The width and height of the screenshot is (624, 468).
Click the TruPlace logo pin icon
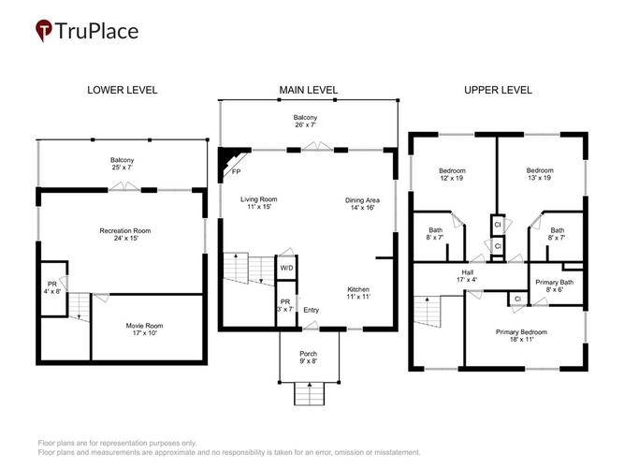[43, 30]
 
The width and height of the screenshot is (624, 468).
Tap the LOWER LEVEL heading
[123, 90]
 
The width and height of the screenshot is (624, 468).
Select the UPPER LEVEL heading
[498, 90]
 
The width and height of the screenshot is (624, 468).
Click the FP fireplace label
[236, 171]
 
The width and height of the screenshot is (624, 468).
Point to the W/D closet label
[286, 268]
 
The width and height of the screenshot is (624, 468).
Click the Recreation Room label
[125, 234]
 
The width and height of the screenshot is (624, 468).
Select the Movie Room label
[144, 329]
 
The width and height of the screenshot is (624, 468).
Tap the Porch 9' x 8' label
[309, 358]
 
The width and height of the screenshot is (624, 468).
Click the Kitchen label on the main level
[358, 293]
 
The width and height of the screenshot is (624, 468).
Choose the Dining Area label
[362, 203]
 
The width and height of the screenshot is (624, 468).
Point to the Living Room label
[258, 203]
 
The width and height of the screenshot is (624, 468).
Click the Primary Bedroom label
[521, 335]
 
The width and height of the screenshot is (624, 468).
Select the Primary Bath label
[555, 285]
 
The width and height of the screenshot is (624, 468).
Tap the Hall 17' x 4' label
[467, 275]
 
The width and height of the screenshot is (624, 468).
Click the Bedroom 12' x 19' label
[452, 174]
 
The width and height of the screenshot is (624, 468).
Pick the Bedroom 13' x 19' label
[540, 174]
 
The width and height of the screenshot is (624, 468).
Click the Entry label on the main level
[312, 310]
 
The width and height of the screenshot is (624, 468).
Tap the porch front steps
[310, 393]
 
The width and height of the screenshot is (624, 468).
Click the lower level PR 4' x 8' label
[52, 287]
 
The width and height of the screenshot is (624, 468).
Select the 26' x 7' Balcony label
[305, 121]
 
